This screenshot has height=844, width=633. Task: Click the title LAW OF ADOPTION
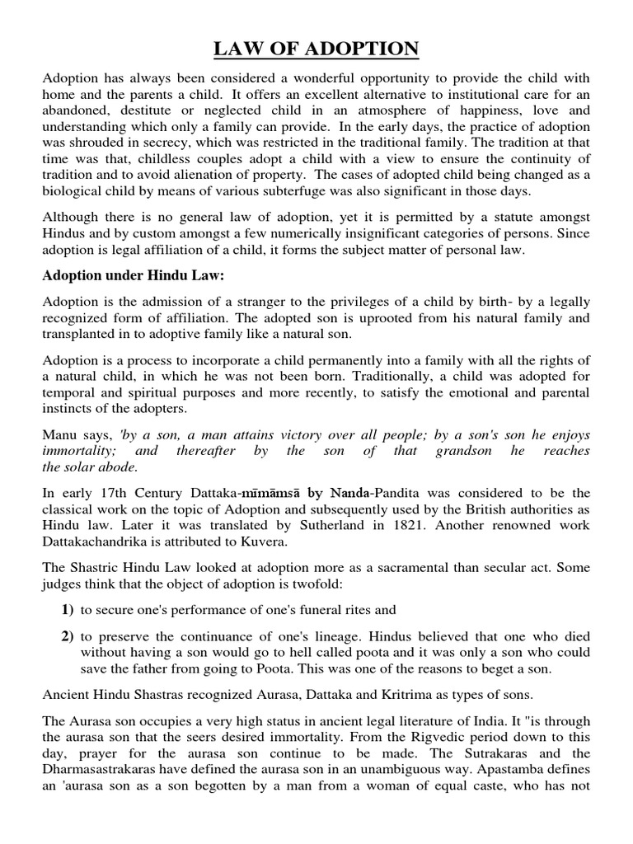316,49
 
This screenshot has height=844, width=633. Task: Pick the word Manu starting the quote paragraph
59,434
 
